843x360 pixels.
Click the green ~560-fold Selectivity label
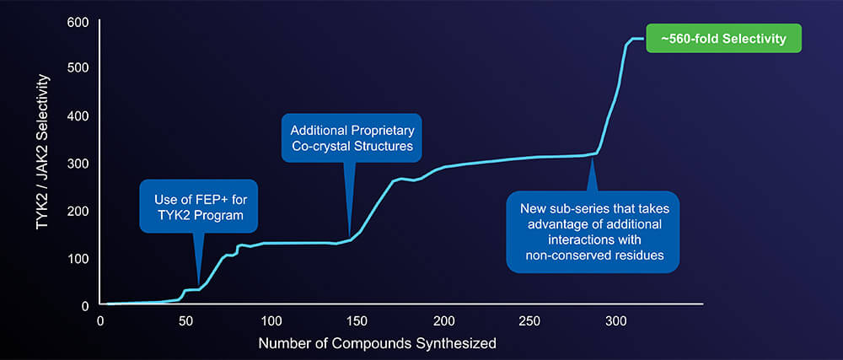(x=723, y=39)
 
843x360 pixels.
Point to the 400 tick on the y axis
(x=78, y=115)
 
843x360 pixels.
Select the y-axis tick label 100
(x=78, y=257)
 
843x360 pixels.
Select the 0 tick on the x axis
(x=100, y=320)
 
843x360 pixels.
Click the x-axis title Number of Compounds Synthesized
(x=377, y=344)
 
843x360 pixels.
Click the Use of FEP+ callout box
(x=199, y=207)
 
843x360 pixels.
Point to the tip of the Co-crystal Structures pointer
(x=350, y=238)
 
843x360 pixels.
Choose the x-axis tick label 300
(x=615, y=320)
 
